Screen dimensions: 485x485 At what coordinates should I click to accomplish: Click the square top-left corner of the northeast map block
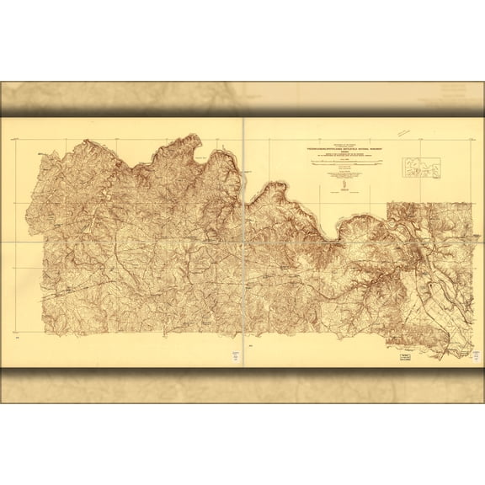(388, 204)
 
